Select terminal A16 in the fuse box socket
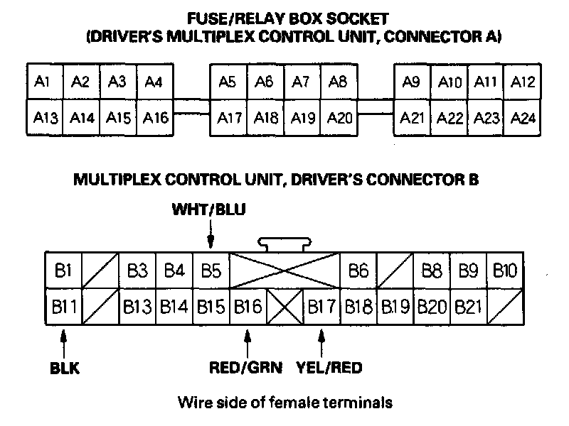155,117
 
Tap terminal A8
339,82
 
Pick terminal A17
229,117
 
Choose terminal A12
523,82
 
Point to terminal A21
412,117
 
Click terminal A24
523,117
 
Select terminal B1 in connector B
64,271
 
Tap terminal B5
211,271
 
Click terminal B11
64,307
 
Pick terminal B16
248,307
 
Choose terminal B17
321,307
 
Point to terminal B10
506,271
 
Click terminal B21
469,307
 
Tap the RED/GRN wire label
246,367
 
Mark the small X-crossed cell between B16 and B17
285,307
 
